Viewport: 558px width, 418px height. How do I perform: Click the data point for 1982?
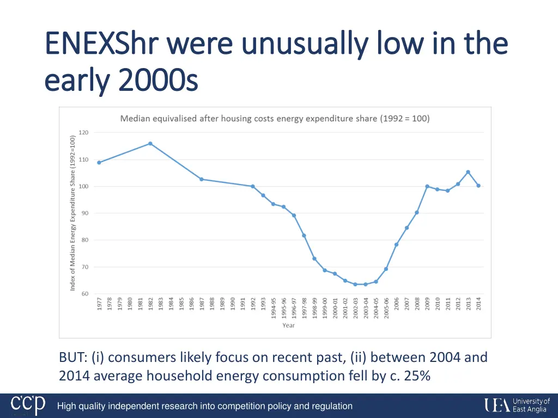pos(150,144)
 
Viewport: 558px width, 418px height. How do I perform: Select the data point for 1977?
pos(99,162)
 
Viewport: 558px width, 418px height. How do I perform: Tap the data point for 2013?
pos(468,172)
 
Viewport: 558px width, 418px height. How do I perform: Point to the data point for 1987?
pos(202,179)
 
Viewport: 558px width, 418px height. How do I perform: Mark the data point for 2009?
pos(427,186)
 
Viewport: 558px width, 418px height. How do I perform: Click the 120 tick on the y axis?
pos(83,132)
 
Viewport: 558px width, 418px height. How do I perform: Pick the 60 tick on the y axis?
pos(84,294)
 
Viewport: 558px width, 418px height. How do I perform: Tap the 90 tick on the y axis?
pos(84,213)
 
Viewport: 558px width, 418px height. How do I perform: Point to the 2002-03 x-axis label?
pos(355,308)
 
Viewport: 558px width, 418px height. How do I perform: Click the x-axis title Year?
pos(288,325)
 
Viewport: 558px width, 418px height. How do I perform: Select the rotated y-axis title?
pos(72,213)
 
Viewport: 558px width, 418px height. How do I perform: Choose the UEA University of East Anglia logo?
pos(517,405)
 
